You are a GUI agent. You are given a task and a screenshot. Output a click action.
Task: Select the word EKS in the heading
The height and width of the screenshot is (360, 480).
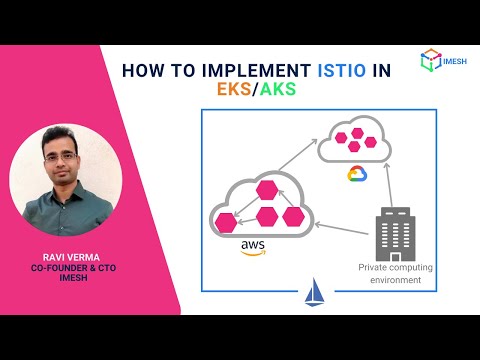[x=236, y=90]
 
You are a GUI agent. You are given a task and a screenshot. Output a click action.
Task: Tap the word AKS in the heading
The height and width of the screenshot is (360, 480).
[x=277, y=90]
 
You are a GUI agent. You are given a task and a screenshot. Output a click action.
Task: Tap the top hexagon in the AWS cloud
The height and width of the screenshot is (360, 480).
[x=267, y=189]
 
